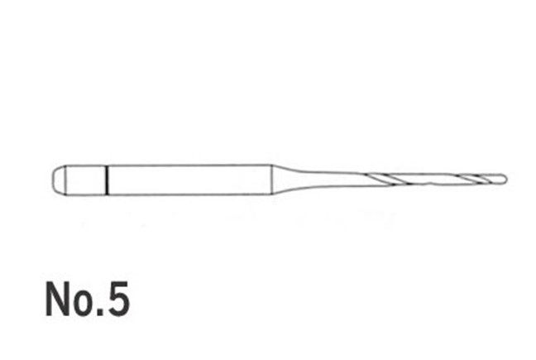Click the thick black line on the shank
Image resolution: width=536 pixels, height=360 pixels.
pos(108,180)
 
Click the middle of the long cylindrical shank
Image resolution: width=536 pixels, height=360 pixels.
pos(190,180)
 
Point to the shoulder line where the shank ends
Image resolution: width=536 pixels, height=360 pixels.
pos(272,180)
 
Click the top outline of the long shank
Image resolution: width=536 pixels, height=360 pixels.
pos(190,165)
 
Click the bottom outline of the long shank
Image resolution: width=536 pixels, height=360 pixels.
pos(190,194)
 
